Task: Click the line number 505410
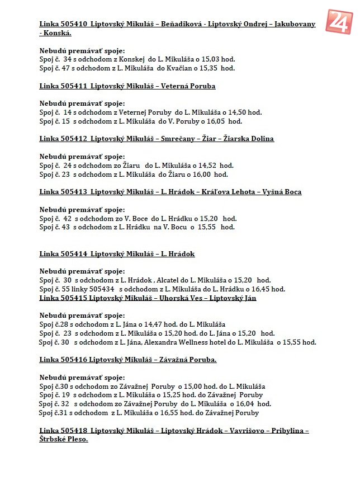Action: [x=72, y=24]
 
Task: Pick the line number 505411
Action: [x=72, y=86]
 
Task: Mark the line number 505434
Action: [x=100, y=289]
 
